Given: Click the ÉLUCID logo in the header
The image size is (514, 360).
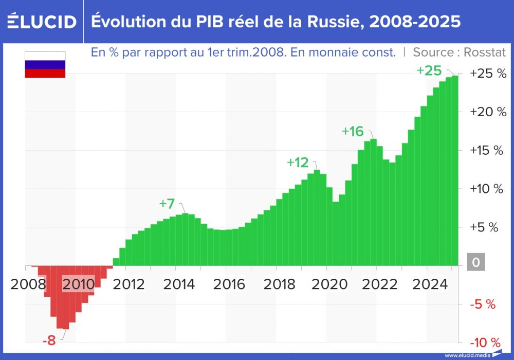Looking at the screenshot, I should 42,22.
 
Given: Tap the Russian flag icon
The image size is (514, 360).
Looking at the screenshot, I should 45,65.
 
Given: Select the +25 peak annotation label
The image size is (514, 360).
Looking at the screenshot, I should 429,70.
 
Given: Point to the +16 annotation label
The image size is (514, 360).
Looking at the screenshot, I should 353,131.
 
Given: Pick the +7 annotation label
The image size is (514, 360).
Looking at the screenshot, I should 167,204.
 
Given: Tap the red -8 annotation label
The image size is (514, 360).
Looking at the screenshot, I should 50,340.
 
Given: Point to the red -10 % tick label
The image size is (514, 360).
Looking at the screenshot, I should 485,343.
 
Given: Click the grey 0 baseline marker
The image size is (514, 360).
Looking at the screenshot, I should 475,263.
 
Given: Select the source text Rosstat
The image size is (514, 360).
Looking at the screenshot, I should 485,52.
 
